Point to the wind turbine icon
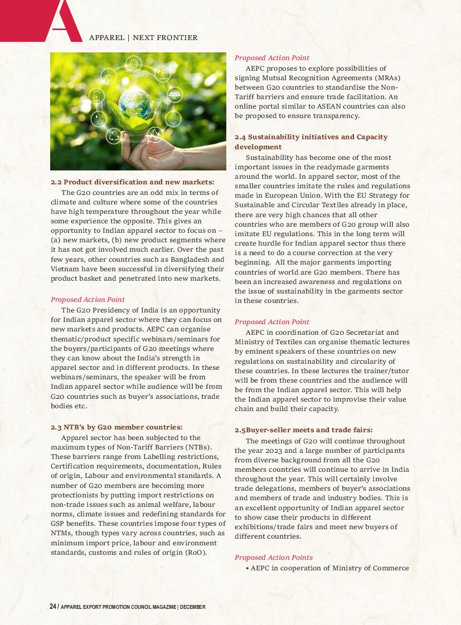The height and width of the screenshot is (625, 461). click(162, 74)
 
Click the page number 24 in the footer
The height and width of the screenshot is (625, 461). click(53, 607)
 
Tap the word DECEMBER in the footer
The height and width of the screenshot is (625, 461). click(193, 607)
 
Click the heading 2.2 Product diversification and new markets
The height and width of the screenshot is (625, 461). click(132, 182)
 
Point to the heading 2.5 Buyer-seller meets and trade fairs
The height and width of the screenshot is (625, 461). click(303, 429)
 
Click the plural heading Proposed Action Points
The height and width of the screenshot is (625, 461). click(274, 558)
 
